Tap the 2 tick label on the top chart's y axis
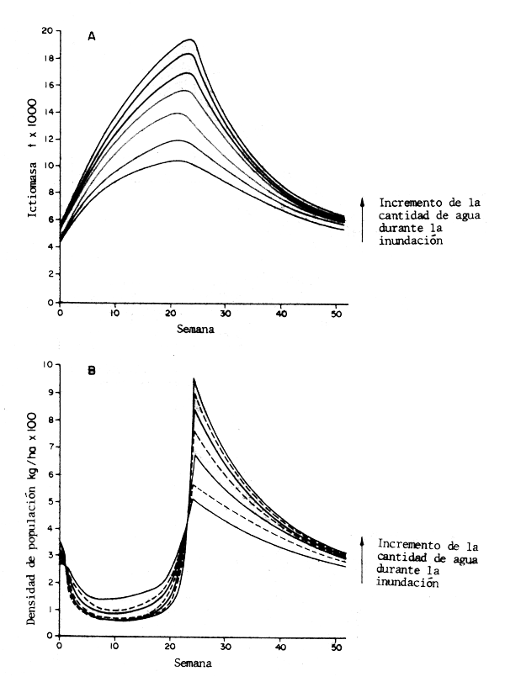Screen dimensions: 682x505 click(x=50, y=274)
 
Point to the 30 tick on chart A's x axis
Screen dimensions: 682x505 click(x=225, y=314)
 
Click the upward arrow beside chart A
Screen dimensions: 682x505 click(x=363, y=219)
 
